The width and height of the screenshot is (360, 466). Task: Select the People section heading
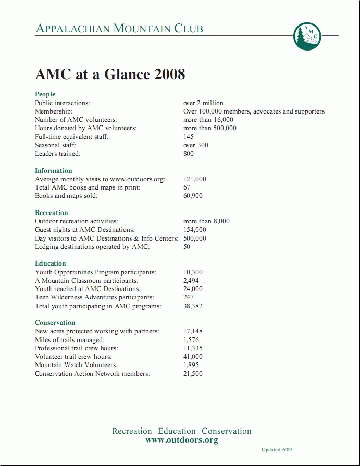pyautogui.click(x=45, y=94)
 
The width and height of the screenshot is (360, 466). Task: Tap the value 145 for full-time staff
pyautogui.click(x=189, y=137)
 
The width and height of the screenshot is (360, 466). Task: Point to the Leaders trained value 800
pyautogui.click(x=189, y=154)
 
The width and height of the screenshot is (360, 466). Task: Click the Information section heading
pyautogui.click(x=53, y=171)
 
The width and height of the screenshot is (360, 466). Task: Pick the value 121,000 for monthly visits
pyautogui.click(x=195, y=179)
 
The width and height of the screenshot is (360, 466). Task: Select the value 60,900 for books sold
pyautogui.click(x=193, y=196)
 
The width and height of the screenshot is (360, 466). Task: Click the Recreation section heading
pyautogui.click(x=51, y=213)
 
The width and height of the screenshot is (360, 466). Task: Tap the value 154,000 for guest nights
pyautogui.click(x=195, y=230)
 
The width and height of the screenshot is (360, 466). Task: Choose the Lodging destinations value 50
pyautogui.click(x=187, y=247)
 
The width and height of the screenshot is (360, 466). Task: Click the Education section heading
pyautogui.click(x=51, y=263)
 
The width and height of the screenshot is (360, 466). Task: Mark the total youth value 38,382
pyautogui.click(x=193, y=306)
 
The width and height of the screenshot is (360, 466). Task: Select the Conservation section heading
pyautogui.click(x=55, y=323)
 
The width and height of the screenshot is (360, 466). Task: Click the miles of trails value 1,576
pyautogui.click(x=191, y=340)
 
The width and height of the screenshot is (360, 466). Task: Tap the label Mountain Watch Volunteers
pyautogui.click(x=76, y=365)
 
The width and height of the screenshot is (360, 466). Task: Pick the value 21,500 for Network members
pyautogui.click(x=193, y=374)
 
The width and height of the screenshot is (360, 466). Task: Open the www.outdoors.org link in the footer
pyautogui.click(x=181, y=440)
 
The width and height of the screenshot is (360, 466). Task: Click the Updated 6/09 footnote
pyautogui.click(x=280, y=450)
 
